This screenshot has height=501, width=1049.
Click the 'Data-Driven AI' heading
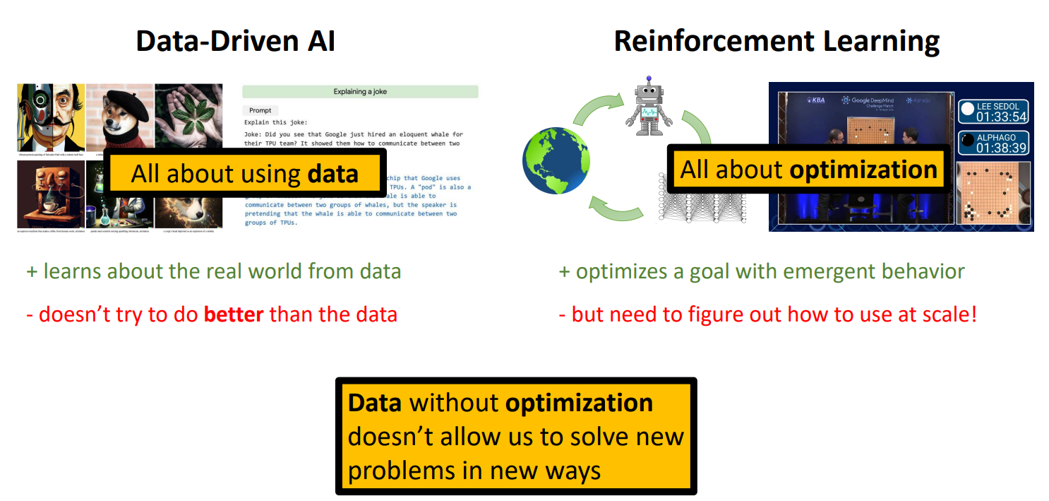tap(235, 41)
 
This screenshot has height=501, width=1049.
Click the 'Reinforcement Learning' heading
tap(777, 41)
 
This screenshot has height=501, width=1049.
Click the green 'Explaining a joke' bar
tap(360, 92)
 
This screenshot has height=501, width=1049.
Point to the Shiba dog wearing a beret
tap(119, 115)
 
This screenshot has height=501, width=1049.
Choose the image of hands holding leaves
tap(188, 115)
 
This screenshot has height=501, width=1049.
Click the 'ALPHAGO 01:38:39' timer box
tap(994, 143)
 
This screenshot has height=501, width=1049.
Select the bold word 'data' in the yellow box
tap(332, 174)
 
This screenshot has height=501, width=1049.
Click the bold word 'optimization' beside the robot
tap(863, 170)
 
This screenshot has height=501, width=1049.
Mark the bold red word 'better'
tap(234, 313)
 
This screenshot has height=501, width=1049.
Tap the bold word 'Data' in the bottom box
tap(375, 403)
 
